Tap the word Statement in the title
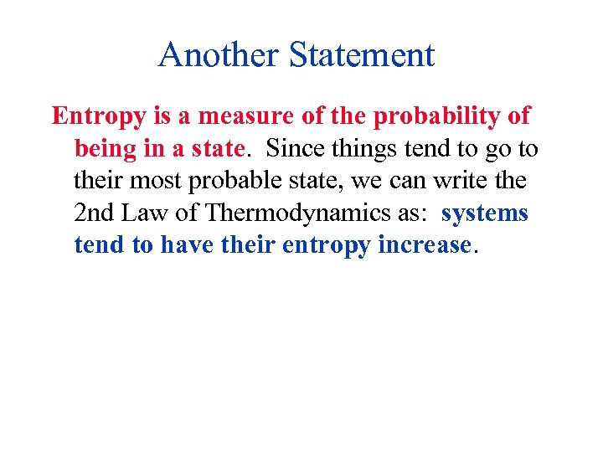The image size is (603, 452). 362,55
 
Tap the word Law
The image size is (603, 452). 143,213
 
